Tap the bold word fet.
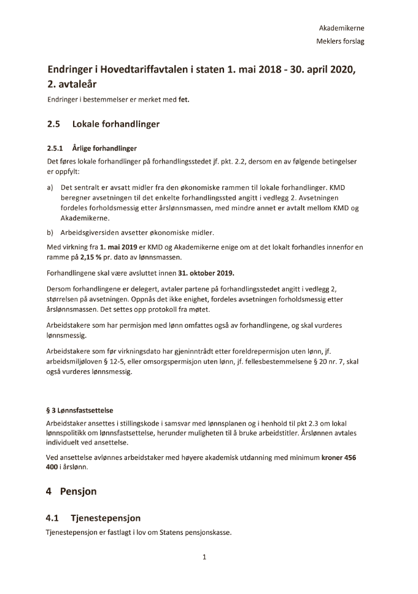point(184,100)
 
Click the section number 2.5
point(54,124)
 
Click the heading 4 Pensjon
point(72,492)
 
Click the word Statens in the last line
point(176,533)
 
